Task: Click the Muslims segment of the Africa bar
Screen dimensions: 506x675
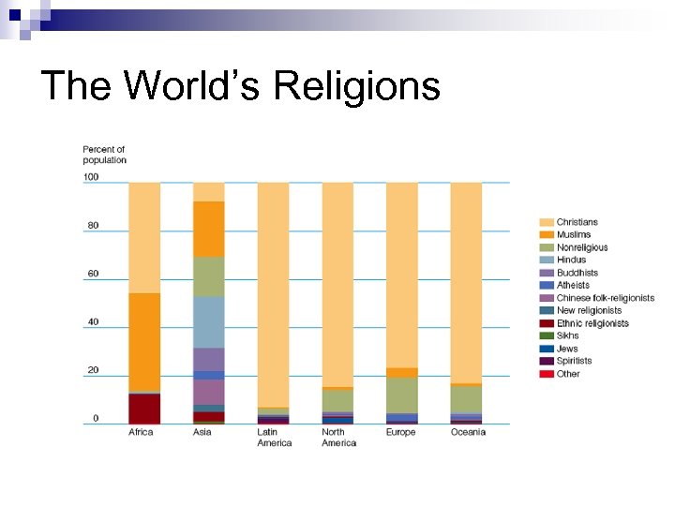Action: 144,341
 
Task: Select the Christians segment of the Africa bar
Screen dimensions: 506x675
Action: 144,237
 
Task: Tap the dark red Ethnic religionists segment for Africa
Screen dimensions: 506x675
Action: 144,408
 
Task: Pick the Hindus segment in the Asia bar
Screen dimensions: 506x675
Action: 209,321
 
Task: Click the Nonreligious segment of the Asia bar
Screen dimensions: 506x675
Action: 209,276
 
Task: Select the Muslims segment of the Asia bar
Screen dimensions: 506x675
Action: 209,229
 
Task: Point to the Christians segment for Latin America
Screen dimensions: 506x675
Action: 274,294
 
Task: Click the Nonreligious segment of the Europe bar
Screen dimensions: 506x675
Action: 402,394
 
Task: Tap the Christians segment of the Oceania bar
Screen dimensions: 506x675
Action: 466,282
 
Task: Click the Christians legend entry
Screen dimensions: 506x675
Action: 577,222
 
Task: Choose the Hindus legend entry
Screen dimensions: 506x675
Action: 571,260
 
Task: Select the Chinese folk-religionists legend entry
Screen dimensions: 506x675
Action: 605,298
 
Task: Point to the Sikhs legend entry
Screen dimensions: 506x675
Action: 567,335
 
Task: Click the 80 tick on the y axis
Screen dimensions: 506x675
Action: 93,226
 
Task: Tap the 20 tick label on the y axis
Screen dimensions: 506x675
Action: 93,370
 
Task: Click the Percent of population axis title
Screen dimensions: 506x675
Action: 104,155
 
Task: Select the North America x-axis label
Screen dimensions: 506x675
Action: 338,438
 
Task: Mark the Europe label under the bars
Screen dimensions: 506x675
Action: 400,432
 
